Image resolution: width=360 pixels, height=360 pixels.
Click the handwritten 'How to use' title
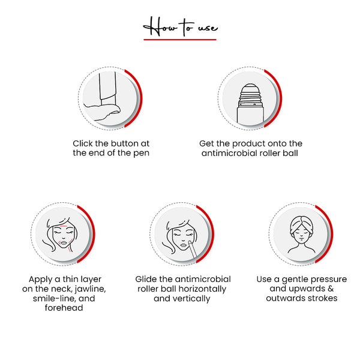180,27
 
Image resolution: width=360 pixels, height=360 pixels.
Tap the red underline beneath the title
180,40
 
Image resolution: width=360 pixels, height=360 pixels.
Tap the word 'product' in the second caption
248,144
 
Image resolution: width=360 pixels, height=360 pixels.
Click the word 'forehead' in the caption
64,308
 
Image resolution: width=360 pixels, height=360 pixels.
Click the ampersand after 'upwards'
331,289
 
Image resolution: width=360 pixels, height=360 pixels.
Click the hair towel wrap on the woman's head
301,224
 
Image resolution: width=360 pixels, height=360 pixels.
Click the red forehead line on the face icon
64,226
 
